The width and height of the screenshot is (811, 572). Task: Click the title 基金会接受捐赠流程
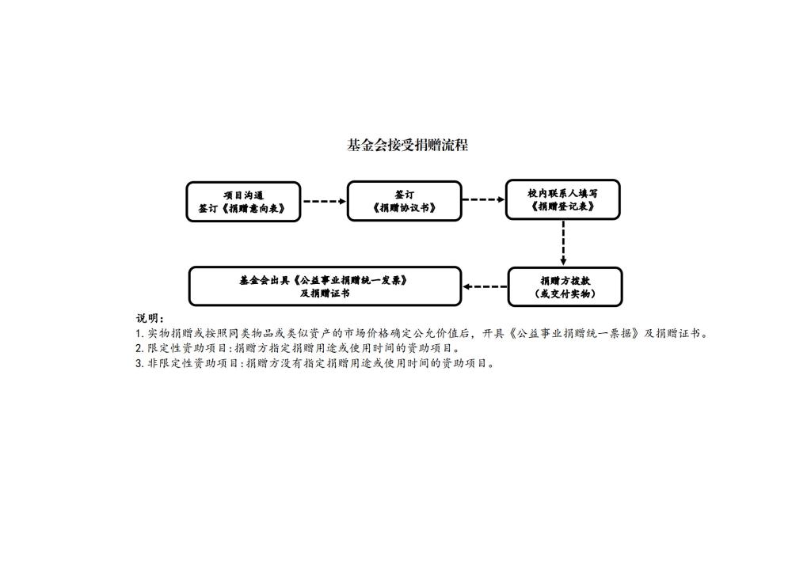(x=407, y=146)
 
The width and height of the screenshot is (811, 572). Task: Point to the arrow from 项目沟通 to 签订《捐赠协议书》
(x=324, y=201)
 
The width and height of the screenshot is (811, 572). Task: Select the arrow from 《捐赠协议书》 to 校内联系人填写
(x=484, y=199)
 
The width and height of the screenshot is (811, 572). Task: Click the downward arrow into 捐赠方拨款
(x=563, y=243)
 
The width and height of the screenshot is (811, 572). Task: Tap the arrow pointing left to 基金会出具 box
(x=485, y=286)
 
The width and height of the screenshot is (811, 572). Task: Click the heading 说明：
(x=150, y=318)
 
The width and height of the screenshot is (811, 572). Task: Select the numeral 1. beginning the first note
(x=139, y=334)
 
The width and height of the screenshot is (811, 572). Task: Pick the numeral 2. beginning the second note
(x=139, y=349)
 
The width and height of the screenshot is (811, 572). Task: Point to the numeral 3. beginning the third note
(x=139, y=364)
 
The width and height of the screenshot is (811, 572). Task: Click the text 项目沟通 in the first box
(x=244, y=195)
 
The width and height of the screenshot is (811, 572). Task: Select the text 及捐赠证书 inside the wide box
(x=325, y=293)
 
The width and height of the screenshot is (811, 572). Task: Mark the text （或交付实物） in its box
(x=565, y=294)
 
